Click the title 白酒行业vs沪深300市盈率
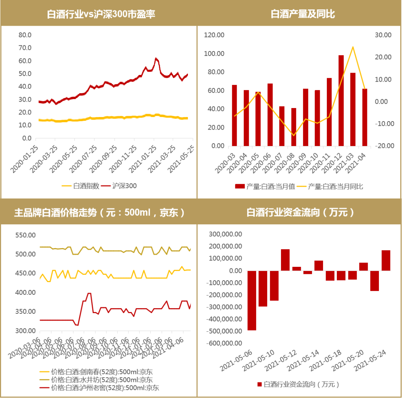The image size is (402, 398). click(x=101, y=14)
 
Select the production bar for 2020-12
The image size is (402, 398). click(x=341, y=100)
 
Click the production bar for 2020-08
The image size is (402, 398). click(x=294, y=127)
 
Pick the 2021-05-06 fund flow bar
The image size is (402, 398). click(x=252, y=300)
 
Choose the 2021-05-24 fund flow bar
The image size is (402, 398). click(x=386, y=260)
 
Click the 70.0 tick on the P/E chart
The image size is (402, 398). click(x=25, y=48)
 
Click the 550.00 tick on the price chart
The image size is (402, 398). click(x=25, y=235)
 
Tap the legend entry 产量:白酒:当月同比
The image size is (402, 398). click(x=331, y=186)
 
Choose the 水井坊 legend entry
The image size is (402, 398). click(x=97, y=380)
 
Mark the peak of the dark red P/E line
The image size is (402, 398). click(x=156, y=59)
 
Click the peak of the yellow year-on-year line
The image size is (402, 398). click(x=352, y=47)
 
